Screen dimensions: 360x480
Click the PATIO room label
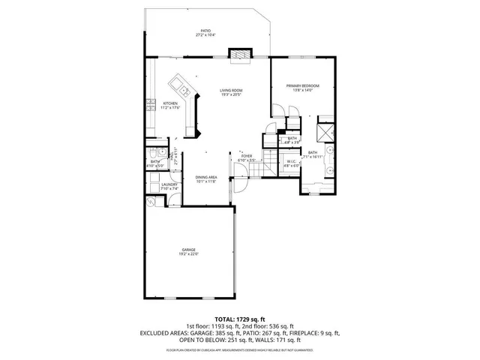[x=205, y=31]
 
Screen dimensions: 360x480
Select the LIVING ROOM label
[x=231, y=90]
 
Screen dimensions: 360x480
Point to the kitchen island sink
[x=178, y=82]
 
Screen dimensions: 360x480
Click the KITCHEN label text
[x=170, y=103]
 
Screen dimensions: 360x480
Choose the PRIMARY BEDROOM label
[x=302, y=85]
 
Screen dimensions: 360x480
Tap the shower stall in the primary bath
[x=326, y=132]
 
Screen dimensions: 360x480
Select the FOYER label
[x=247, y=156]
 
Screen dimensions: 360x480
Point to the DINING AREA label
[x=205, y=177]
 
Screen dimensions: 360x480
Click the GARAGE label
[x=188, y=249]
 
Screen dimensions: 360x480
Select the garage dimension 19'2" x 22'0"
[x=188, y=254]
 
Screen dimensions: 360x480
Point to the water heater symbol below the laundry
[x=150, y=201]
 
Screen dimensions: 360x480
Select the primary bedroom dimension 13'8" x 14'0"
[x=302, y=91]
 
